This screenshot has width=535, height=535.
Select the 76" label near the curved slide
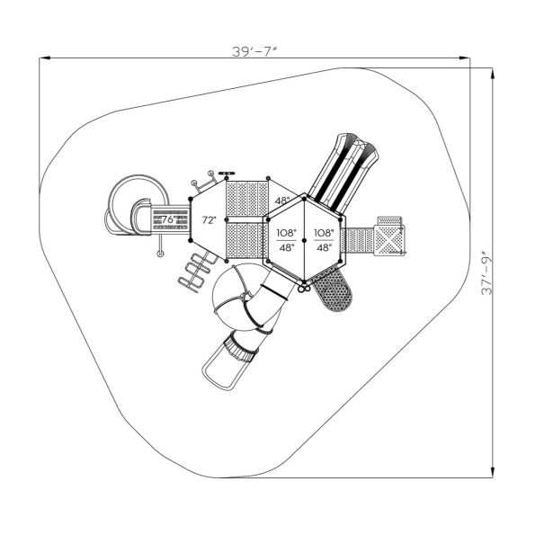point(167,219)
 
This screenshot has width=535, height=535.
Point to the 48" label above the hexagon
point(282,201)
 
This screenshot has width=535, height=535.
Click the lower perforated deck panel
point(246,242)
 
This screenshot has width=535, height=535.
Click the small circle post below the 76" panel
point(161,255)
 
